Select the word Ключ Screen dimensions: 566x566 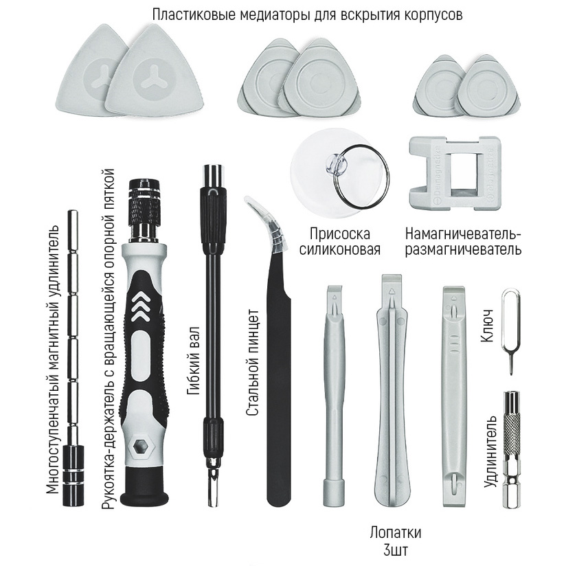[487, 326]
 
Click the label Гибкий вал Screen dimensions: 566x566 [194, 361]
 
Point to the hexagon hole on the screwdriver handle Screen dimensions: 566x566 [140, 447]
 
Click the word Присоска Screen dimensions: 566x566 [340, 234]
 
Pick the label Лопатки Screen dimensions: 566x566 [395, 532]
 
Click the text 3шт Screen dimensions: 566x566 [396, 550]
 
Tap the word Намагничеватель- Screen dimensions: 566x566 [463, 234]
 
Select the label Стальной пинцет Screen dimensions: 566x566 [253, 362]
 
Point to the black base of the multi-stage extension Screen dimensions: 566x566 [73, 475]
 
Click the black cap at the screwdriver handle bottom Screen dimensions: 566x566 [144, 487]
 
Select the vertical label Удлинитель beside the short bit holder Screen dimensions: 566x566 [490, 451]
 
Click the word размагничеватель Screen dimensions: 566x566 [463, 250]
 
